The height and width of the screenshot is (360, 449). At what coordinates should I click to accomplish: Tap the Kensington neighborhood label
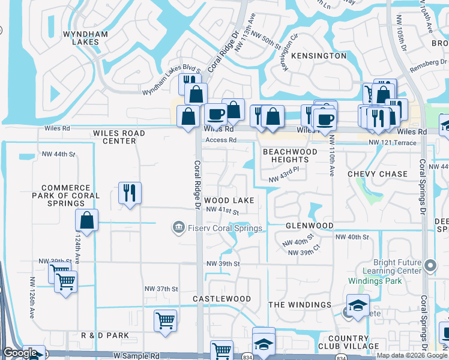pyautogui.click(x=321, y=56)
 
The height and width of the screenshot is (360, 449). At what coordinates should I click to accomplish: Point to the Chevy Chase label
pyautogui.click(x=377, y=174)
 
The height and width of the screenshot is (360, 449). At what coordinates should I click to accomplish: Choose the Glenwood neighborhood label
pyautogui.click(x=309, y=226)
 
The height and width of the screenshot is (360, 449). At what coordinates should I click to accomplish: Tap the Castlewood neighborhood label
pyautogui.click(x=221, y=299)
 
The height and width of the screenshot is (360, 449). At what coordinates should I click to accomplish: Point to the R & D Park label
pyautogui.click(x=106, y=335)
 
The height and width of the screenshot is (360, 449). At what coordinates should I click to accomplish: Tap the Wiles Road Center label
pyautogui.click(x=119, y=137)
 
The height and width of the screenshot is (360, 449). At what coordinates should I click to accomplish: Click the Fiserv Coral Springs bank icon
pyautogui.click(x=178, y=228)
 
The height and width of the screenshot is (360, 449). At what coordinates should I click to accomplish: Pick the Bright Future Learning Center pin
pyautogui.click(x=430, y=265)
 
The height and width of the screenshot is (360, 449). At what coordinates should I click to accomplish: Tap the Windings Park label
pyautogui.click(x=371, y=281)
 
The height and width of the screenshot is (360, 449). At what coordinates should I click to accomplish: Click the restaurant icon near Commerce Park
pyautogui.click(x=130, y=193)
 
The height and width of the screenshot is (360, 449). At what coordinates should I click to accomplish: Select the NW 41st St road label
pyautogui.click(x=222, y=211)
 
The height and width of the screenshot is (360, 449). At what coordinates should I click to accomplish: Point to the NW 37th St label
pyautogui.click(x=161, y=289)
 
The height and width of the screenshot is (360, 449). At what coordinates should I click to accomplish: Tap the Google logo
pyautogui.click(x=19, y=353)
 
